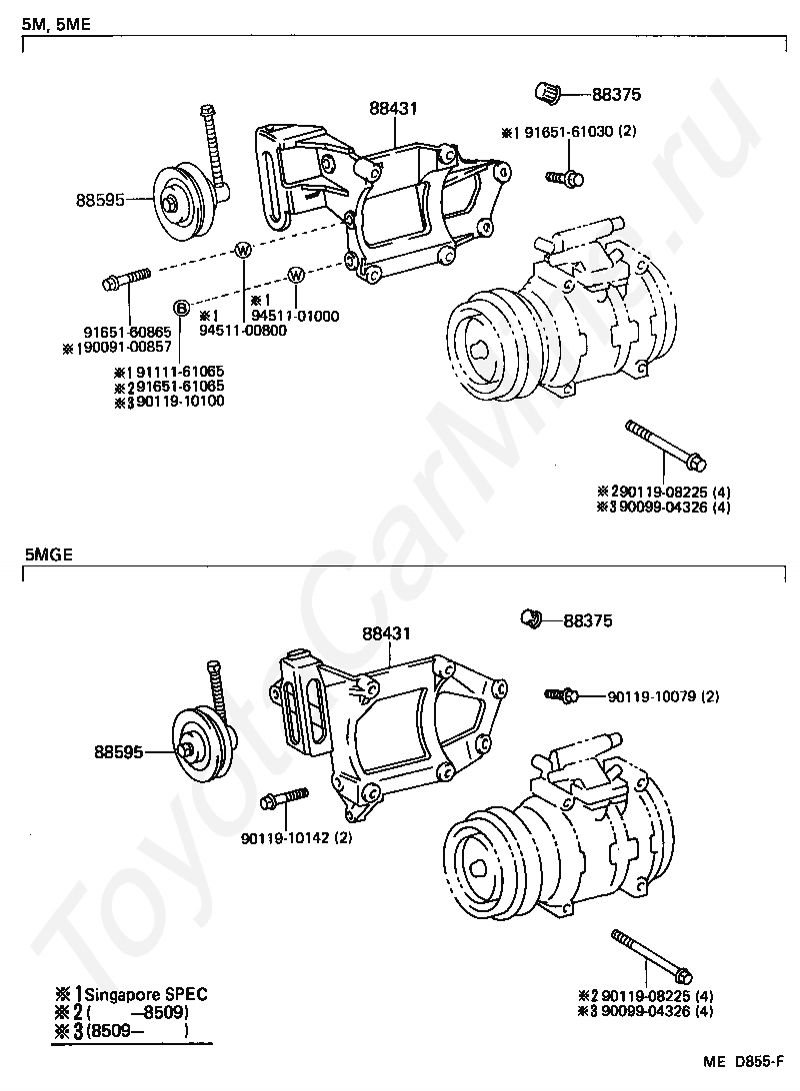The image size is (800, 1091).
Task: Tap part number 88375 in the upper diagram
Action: (616, 95)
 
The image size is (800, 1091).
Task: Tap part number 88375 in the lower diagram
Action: (588, 620)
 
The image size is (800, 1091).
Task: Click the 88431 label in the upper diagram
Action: (392, 108)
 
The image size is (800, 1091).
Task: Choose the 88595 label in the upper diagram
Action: (100, 199)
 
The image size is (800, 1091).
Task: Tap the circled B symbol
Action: (181, 306)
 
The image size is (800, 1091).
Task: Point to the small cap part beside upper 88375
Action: (547, 93)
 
